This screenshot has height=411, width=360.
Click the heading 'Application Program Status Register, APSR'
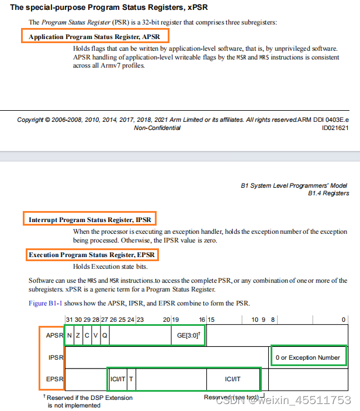pos(95,36)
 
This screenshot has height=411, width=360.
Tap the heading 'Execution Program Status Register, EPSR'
pos(93,255)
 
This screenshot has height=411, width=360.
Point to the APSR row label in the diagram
pos(54,335)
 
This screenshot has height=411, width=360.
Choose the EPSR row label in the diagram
pos(54,380)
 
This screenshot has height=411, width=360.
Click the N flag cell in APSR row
pos(70,335)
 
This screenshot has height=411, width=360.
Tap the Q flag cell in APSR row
pos(105,335)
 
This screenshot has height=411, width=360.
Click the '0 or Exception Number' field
pos(307,357)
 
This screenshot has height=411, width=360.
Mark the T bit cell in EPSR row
pos(131,380)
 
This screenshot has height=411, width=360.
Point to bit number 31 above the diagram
pos(69,319)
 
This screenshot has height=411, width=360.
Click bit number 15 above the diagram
pos(211,319)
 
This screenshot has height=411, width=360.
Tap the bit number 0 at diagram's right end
pos(344,319)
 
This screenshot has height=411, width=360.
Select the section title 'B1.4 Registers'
pos(328,193)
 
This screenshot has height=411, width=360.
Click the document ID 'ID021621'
pos(335,128)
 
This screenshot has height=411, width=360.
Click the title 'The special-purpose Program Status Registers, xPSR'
pos(109,8)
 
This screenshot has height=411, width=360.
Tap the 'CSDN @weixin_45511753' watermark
pos(283,400)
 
